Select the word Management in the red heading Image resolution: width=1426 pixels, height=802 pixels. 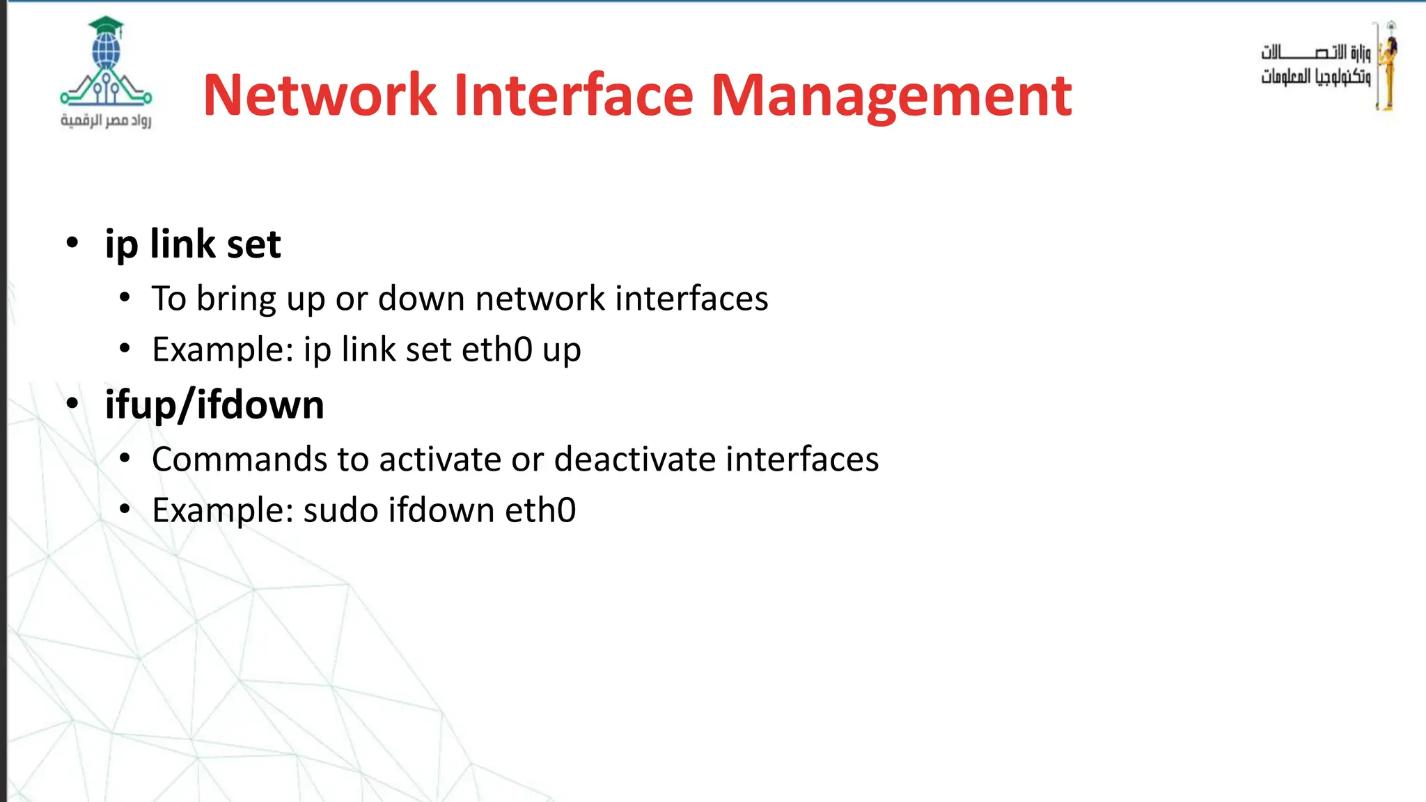tap(891, 96)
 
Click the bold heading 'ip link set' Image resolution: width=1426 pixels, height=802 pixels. tap(193, 244)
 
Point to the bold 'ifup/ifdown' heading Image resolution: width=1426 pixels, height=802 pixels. tap(214, 405)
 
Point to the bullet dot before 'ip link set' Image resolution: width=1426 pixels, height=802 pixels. tap(72, 244)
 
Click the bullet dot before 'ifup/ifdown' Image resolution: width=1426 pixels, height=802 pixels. tap(72, 404)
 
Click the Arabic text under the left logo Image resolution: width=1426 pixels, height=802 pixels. tap(106, 120)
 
